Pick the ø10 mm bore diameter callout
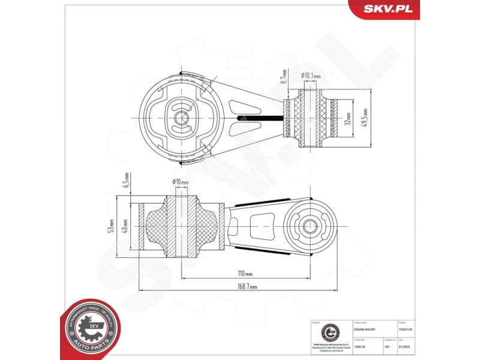click(x=180, y=182)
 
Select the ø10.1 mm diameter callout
click(x=311, y=76)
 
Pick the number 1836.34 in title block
click(x=360, y=347)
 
